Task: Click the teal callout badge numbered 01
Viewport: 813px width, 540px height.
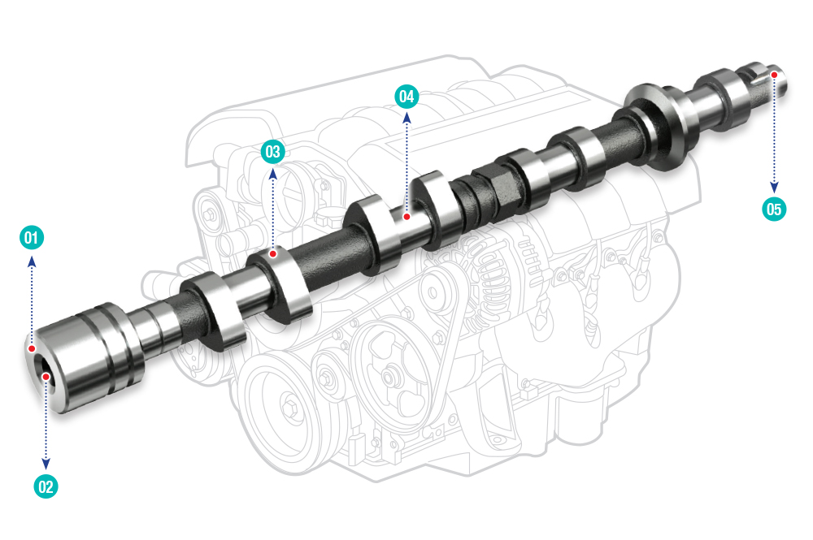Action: tap(32, 238)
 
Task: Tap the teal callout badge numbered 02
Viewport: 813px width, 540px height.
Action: tap(46, 486)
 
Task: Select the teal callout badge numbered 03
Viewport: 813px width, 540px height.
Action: tap(272, 152)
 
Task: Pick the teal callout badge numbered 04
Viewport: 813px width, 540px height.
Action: tap(406, 97)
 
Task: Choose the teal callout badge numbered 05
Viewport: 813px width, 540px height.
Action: tap(774, 209)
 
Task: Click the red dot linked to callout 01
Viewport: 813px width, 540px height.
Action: tap(32, 348)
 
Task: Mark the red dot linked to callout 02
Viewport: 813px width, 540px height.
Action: tap(46, 377)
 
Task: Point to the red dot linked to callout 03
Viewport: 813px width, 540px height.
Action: tap(272, 254)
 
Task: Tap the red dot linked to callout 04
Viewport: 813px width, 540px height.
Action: tap(407, 217)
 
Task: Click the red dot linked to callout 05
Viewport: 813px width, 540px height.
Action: tap(774, 75)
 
